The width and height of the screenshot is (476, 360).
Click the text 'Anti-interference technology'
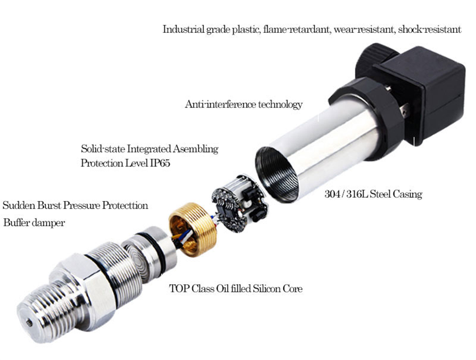point(244,104)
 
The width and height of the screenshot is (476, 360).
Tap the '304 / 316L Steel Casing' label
point(373,194)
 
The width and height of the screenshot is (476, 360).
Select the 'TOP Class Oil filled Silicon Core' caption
point(236,288)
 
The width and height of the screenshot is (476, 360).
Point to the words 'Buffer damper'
point(34,223)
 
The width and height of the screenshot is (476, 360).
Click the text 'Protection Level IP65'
point(125,163)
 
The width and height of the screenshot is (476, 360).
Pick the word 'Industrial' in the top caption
point(183,30)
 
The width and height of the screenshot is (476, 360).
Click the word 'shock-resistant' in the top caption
point(429,30)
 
